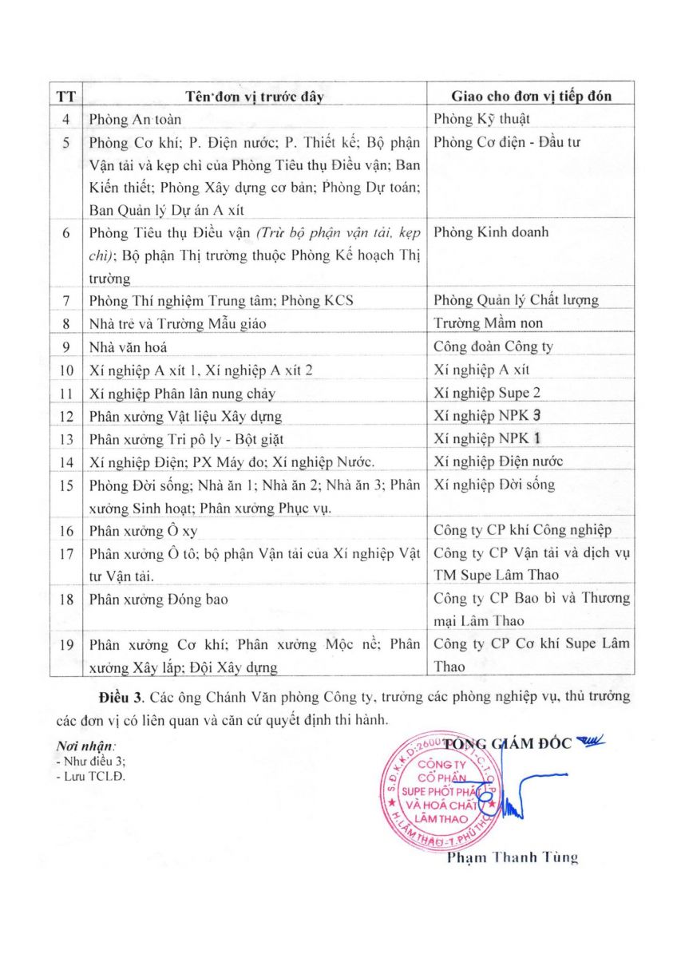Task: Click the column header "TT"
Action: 65,97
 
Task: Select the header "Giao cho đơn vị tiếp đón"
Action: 532,97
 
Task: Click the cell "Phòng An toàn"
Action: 136,120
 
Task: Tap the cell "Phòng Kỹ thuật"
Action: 481,120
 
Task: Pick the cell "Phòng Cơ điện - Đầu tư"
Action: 507,143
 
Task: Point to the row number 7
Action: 65,301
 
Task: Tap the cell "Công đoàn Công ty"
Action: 493,347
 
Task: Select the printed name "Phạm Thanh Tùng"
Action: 512,858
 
